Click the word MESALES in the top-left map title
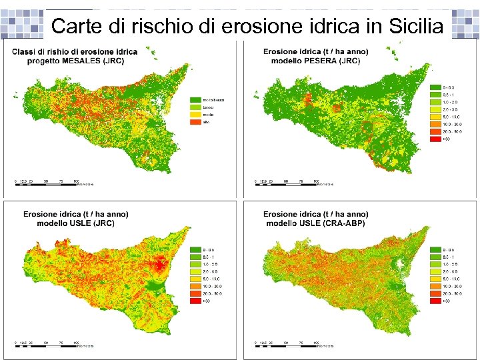pos(80,61)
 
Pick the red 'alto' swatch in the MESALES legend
pos(195,122)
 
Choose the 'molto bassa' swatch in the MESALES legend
pos(195,100)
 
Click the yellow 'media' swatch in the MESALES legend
pos(195,115)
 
